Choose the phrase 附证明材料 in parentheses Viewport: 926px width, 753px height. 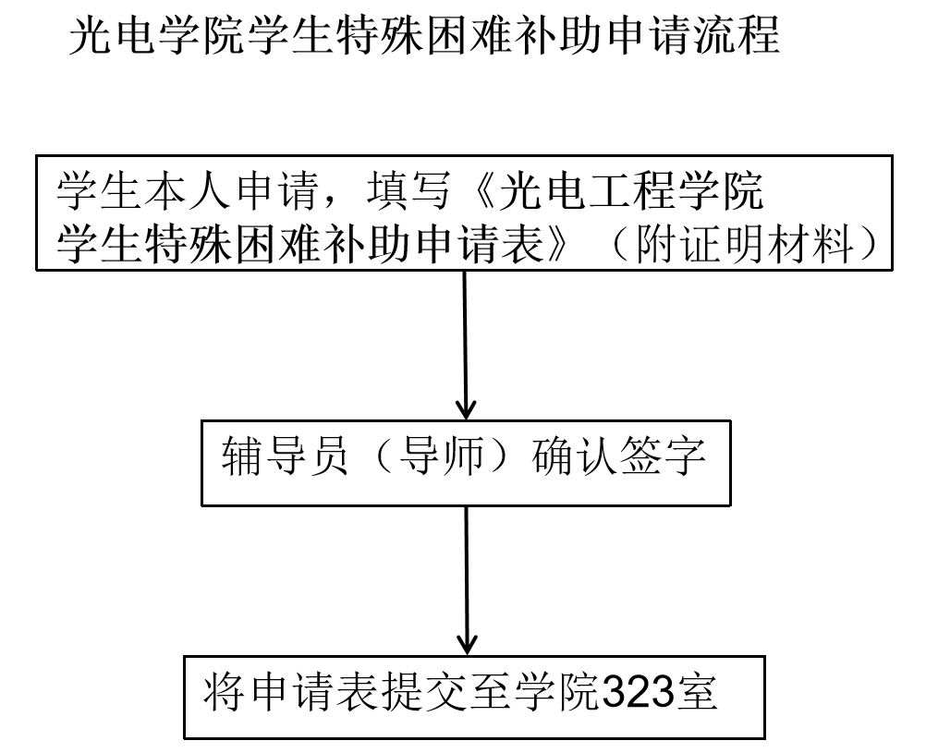(744, 244)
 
